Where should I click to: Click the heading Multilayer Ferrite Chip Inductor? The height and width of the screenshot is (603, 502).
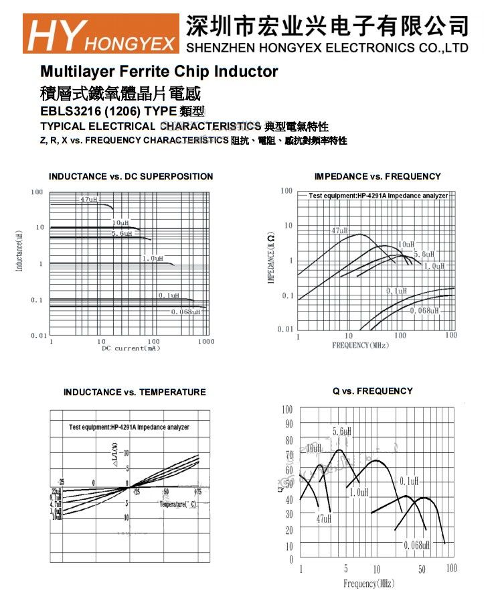tap(159, 71)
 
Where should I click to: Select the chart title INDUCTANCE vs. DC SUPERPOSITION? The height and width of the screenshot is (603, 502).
tap(131, 176)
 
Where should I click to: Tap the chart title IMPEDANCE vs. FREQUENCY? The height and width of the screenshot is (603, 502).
tap(378, 176)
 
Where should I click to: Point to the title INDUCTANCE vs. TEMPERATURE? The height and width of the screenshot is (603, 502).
tap(135, 392)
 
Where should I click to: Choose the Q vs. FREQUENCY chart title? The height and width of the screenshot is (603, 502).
tap(373, 391)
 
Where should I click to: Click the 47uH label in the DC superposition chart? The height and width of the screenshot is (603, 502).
tap(88, 199)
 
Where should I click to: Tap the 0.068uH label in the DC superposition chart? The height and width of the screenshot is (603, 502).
tap(185, 312)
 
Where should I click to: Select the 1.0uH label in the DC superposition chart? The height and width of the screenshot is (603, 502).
tap(152, 258)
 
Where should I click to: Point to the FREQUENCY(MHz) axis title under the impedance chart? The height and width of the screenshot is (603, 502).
tap(360, 345)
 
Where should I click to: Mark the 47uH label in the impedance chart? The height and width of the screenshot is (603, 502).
tap(339, 230)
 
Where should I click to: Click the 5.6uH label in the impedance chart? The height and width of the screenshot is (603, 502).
tap(424, 255)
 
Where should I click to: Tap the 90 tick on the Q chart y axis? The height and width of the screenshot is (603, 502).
tap(287, 424)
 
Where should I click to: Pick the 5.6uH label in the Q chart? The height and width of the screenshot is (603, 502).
tap(342, 431)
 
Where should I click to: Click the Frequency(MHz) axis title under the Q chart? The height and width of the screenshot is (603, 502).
tap(369, 584)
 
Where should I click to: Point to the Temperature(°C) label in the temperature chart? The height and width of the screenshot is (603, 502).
tap(177, 503)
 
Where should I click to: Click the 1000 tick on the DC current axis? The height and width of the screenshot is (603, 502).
tap(206, 342)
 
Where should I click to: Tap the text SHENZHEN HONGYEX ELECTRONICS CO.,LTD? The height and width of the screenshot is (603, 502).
tap(326, 48)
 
